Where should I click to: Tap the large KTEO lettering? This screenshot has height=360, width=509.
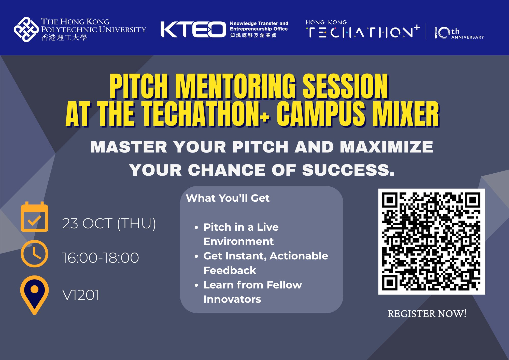point(193,29)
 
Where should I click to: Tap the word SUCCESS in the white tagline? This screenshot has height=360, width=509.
point(348,170)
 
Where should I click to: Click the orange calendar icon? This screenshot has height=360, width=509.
point(34,217)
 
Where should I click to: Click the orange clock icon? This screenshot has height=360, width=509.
point(34,253)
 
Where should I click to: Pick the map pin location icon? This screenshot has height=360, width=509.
point(34,294)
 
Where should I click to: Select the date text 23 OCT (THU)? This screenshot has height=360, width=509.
point(109,224)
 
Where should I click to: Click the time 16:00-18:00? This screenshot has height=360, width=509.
point(101,258)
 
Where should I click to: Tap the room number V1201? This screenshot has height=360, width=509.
point(81,295)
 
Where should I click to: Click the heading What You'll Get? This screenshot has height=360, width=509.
point(228,198)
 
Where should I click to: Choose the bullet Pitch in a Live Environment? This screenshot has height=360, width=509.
point(241,234)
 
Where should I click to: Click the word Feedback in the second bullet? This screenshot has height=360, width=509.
point(230,270)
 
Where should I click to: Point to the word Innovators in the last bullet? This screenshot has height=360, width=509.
point(232,299)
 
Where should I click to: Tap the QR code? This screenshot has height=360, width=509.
point(431,241)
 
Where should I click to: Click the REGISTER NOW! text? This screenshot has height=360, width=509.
point(427,314)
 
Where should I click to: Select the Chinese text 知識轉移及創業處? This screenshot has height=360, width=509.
point(253,35)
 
